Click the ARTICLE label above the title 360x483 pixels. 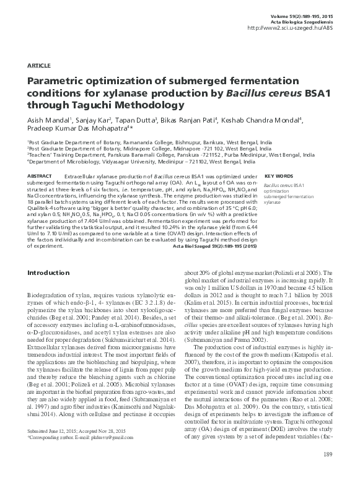coord(38,65)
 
